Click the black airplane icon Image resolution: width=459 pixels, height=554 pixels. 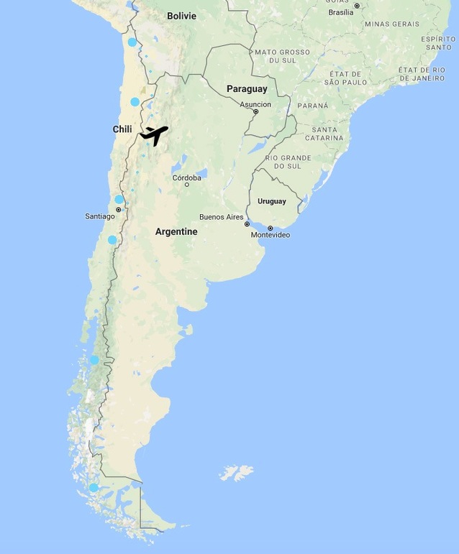click(x=154, y=134)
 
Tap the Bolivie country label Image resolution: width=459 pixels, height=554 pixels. click(x=181, y=16)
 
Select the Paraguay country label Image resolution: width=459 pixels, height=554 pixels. click(x=247, y=89)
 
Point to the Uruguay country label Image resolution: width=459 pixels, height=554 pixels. click(x=271, y=201)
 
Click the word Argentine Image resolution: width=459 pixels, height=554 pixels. click(x=176, y=231)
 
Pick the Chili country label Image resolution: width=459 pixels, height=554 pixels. click(x=122, y=129)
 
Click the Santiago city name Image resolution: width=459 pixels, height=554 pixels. click(x=100, y=216)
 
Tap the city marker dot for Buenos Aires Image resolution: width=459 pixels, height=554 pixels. click(x=247, y=224)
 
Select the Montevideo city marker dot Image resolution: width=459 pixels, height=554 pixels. click(x=271, y=228)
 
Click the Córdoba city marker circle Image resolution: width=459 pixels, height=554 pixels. click(x=187, y=185)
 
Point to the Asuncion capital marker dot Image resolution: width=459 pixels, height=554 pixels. click(x=255, y=111)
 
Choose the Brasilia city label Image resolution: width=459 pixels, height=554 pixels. click(x=340, y=12)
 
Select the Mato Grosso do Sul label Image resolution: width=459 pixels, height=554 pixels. click(x=277, y=56)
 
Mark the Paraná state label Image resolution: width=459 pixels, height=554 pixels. click(x=312, y=106)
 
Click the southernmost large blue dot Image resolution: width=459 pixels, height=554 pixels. click(x=93, y=488)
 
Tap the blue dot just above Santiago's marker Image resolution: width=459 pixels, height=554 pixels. click(x=119, y=199)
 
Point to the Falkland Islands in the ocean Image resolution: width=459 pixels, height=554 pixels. click(x=237, y=473)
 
